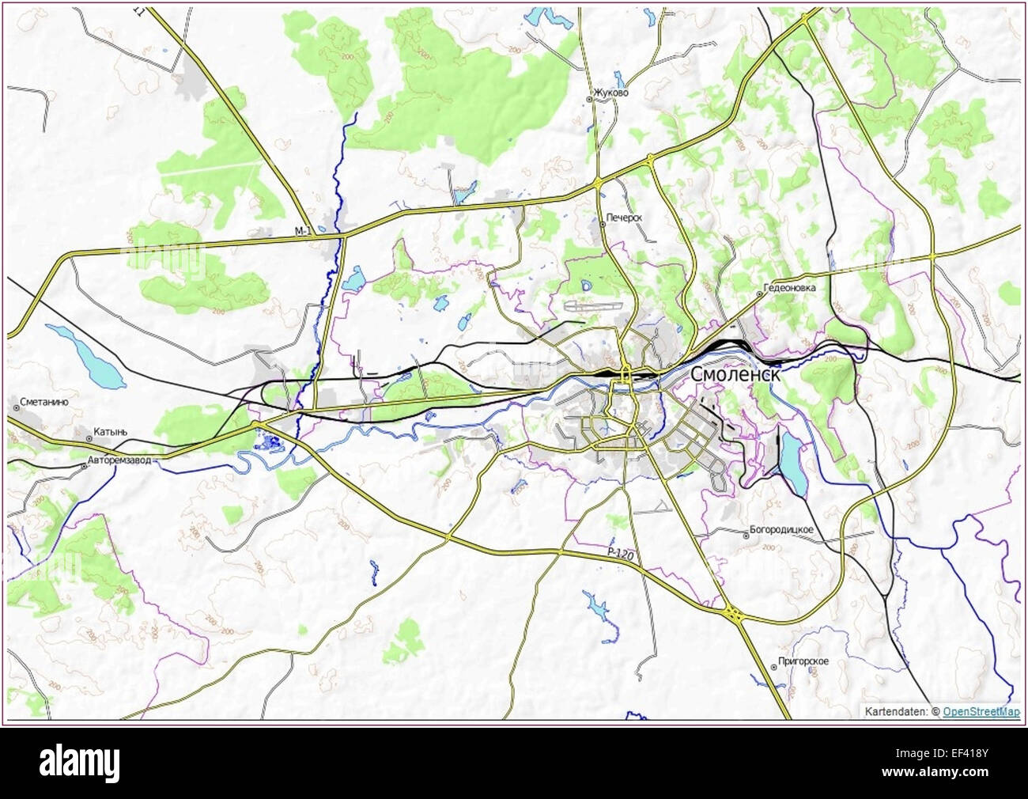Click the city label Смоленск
click(735, 374)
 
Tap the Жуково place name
click(613, 93)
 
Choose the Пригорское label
click(803, 661)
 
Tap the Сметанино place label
click(45, 402)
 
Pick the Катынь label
click(110, 432)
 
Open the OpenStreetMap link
click(981, 712)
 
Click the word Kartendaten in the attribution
click(896, 712)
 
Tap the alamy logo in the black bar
click(79, 762)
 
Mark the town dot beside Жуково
click(589, 100)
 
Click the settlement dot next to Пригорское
click(773, 667)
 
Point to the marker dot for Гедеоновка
click(760, 293)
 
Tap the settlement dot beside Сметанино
click(16, 407)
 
